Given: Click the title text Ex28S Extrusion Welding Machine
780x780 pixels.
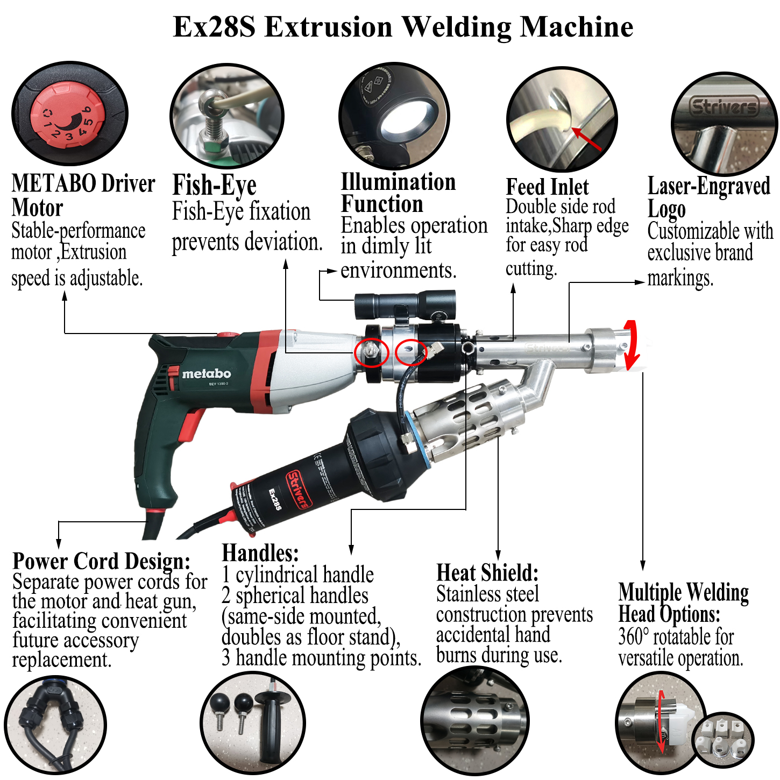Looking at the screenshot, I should pos(403,27).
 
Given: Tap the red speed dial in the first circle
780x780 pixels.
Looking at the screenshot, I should pos(67,116).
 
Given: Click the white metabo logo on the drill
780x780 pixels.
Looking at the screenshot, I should pos(206,373).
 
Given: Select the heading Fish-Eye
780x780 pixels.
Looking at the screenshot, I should pos(214,186).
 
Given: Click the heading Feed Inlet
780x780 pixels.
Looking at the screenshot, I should pos(547,187).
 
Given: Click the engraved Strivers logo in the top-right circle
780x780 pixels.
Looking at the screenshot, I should pos(724,107).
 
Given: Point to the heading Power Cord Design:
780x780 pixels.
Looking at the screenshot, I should pos(101,561).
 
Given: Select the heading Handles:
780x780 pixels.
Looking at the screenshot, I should pos(260,553).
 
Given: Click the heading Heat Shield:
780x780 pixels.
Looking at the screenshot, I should pos(487,573).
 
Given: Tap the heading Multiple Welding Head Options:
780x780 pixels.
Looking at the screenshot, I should pos(683,602).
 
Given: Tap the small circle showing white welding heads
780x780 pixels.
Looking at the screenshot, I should pos(723,738).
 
